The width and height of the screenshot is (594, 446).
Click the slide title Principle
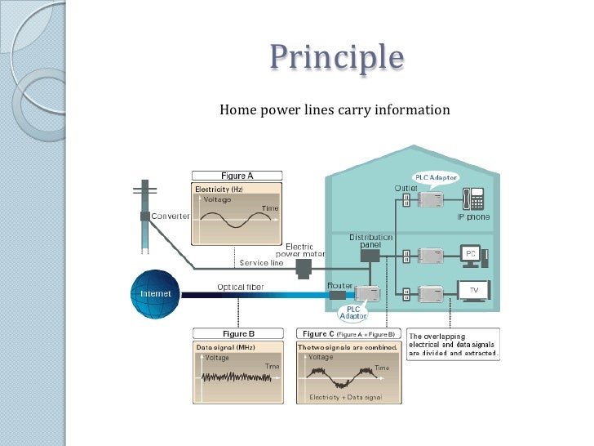pyautogui.click(x=337, y=58)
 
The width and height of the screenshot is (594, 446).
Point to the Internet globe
pyautogui.click(x=155, y=292)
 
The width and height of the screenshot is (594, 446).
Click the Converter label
pyautogui.click(x=169, y=216)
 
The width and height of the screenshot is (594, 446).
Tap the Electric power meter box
pyautogui.click(x=304, y=267)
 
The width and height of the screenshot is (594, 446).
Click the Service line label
pyautogui.click(x=261, y=263)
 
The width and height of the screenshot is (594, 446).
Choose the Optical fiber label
pyautogui.click(x=239, y=287)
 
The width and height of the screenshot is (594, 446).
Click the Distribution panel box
pyautogui.click(x=370, y=255)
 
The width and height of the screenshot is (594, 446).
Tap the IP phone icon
pyautogui.click(x=472, y=198)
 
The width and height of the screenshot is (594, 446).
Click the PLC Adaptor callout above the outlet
pyautogui.click(x=437, y=177)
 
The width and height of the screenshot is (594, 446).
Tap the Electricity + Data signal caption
pyautogui.click(x=348, y=397)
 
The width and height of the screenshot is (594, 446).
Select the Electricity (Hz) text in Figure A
pyautogui.click(x=219, y=190)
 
